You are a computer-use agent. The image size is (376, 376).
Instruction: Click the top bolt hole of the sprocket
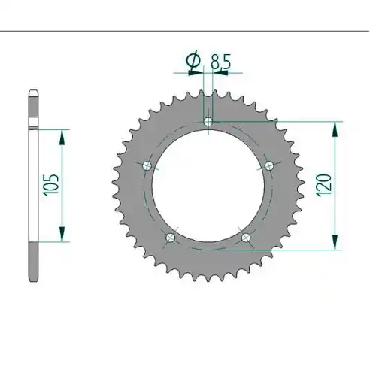(208, 122)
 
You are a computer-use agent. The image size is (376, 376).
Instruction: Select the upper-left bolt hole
(147, 165)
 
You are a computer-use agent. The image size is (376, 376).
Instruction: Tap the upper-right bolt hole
(269, 165)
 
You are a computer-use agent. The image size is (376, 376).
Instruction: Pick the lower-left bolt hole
(171, 237)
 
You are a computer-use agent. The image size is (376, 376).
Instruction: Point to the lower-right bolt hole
(246, 237)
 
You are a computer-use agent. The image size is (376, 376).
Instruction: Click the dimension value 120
(323, 186)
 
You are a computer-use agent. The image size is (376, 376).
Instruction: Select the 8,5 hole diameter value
(220, 62)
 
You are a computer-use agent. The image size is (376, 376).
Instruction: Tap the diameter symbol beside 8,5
(194, 60)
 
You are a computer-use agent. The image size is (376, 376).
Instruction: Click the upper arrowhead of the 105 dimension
(62, 138)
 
